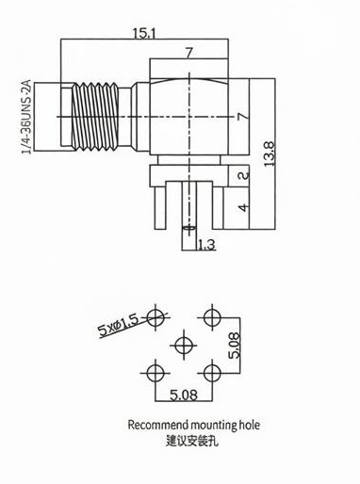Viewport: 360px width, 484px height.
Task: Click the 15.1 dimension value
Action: point(144,33)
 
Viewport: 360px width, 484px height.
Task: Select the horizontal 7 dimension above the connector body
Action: point(188,53)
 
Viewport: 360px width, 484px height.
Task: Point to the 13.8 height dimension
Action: point(270,154)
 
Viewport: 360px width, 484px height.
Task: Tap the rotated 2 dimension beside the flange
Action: point(244,175)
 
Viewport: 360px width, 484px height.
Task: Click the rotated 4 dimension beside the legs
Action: point(244,207)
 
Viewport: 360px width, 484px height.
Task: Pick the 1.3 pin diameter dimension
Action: point(206,245)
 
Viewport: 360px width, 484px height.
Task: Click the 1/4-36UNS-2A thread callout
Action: point(26,117)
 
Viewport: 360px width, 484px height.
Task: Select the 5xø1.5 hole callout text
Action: point(118,327)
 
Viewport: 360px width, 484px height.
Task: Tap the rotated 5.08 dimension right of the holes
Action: point(235,346)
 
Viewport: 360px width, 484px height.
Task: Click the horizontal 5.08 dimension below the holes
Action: point(184,395)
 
